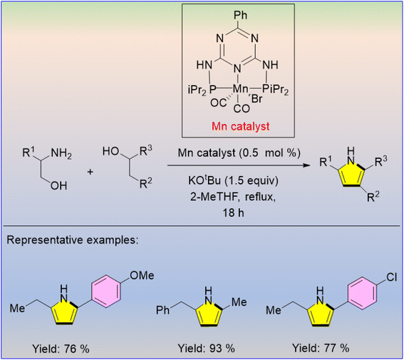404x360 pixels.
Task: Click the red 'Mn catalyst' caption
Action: pos(240,126)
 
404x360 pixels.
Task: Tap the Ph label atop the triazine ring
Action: pos(240,15)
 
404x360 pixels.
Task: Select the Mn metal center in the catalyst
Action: pos(240,89)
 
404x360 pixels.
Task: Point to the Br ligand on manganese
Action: pos(257,98)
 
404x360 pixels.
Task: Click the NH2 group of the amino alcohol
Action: pos(61,153)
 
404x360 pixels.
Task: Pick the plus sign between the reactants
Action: pos(90,172)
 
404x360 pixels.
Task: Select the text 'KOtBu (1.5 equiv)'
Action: pos(234,180)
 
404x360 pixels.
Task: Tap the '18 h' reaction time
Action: pos(233,213)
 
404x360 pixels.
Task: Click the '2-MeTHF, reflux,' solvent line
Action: pos(233,197)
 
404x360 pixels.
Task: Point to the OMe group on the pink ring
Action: pos(142,275)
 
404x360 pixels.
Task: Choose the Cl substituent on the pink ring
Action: pos(392,277)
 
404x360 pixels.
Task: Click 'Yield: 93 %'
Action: pos(206,349)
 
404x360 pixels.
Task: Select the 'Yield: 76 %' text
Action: pos(61,349)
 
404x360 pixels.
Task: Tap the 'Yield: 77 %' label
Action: pos(321,349)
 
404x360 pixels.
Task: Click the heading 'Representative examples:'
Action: pos(73,240)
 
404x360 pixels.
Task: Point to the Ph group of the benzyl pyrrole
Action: pos(163,310)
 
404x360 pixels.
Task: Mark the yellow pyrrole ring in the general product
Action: pos(352,175)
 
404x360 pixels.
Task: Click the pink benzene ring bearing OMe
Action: pos(106,291)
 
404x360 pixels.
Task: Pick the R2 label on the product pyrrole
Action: pos(373,197)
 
